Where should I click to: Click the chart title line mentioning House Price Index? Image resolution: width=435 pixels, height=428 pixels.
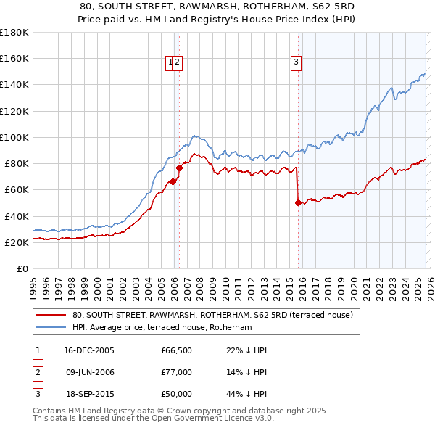tap(217, 20)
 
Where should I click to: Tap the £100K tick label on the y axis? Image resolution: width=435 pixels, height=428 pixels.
tap(14, 137)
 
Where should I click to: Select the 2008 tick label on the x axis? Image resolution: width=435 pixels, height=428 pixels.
tap(199, 282)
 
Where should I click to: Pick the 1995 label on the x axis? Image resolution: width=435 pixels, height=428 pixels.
tap(33, 282)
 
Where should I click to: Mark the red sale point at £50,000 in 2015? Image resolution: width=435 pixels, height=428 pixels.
tap(298, 203)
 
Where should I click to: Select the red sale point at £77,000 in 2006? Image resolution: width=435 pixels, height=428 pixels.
tap(179, 168)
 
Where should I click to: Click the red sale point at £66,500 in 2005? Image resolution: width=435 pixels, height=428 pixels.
tap(173, 181)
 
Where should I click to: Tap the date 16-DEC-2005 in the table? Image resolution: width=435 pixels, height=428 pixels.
tap(89, 350)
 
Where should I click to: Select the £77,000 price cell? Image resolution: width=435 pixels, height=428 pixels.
tap(176, 372)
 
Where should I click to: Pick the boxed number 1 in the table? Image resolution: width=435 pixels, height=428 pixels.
tap(36, 350)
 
